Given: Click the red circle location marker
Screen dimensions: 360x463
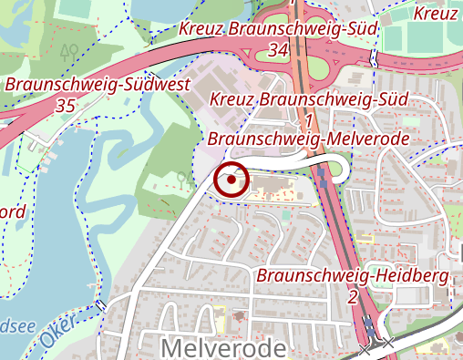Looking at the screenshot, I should click(232, 180).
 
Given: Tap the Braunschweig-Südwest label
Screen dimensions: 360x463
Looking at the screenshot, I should click(98, 85).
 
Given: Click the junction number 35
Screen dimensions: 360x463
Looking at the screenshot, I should click(65, 106).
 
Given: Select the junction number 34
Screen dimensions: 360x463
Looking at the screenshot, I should click(280, 50).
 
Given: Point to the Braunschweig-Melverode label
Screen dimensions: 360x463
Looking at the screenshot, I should click(308, 139).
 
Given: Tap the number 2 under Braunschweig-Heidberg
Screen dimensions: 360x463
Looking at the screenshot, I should click(352, 296).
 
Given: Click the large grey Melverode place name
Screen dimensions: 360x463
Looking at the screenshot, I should click(223, 347).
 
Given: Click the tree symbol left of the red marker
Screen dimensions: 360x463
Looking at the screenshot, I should click(186, 176).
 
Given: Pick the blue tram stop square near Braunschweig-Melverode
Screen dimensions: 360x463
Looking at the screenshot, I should click(324, 181).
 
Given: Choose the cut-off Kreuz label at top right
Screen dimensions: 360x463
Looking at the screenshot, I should click(437, 14).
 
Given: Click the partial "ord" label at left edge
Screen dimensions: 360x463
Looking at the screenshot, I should click(12, 212).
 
